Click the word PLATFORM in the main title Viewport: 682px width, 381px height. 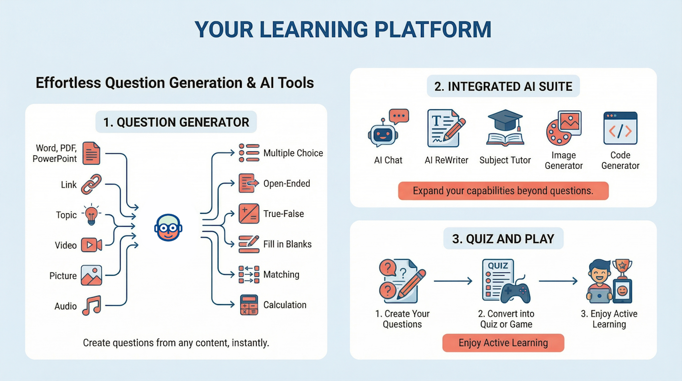tap(433, 30)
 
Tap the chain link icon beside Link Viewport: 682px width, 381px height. tap(91, 184)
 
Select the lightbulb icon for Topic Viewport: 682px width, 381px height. tap(91, 215)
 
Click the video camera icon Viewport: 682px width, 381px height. tap(91, 245)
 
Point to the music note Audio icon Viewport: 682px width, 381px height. tap(91, 305)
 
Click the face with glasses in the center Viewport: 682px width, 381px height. tap(169, 228)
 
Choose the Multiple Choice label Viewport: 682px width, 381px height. tap(293, 153)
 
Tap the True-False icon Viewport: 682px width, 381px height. tap(249, 214)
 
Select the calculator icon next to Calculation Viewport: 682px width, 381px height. tap(249, 305)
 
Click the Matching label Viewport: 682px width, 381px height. tap(281, 275)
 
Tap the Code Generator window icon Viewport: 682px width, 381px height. tap(620, 128)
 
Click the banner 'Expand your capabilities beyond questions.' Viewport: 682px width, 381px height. tap(503, 191)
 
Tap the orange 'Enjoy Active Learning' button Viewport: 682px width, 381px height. tap(503, 343)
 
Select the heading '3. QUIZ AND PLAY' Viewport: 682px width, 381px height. tap(503, 239)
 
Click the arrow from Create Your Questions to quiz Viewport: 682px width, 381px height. tap(453, 281)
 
